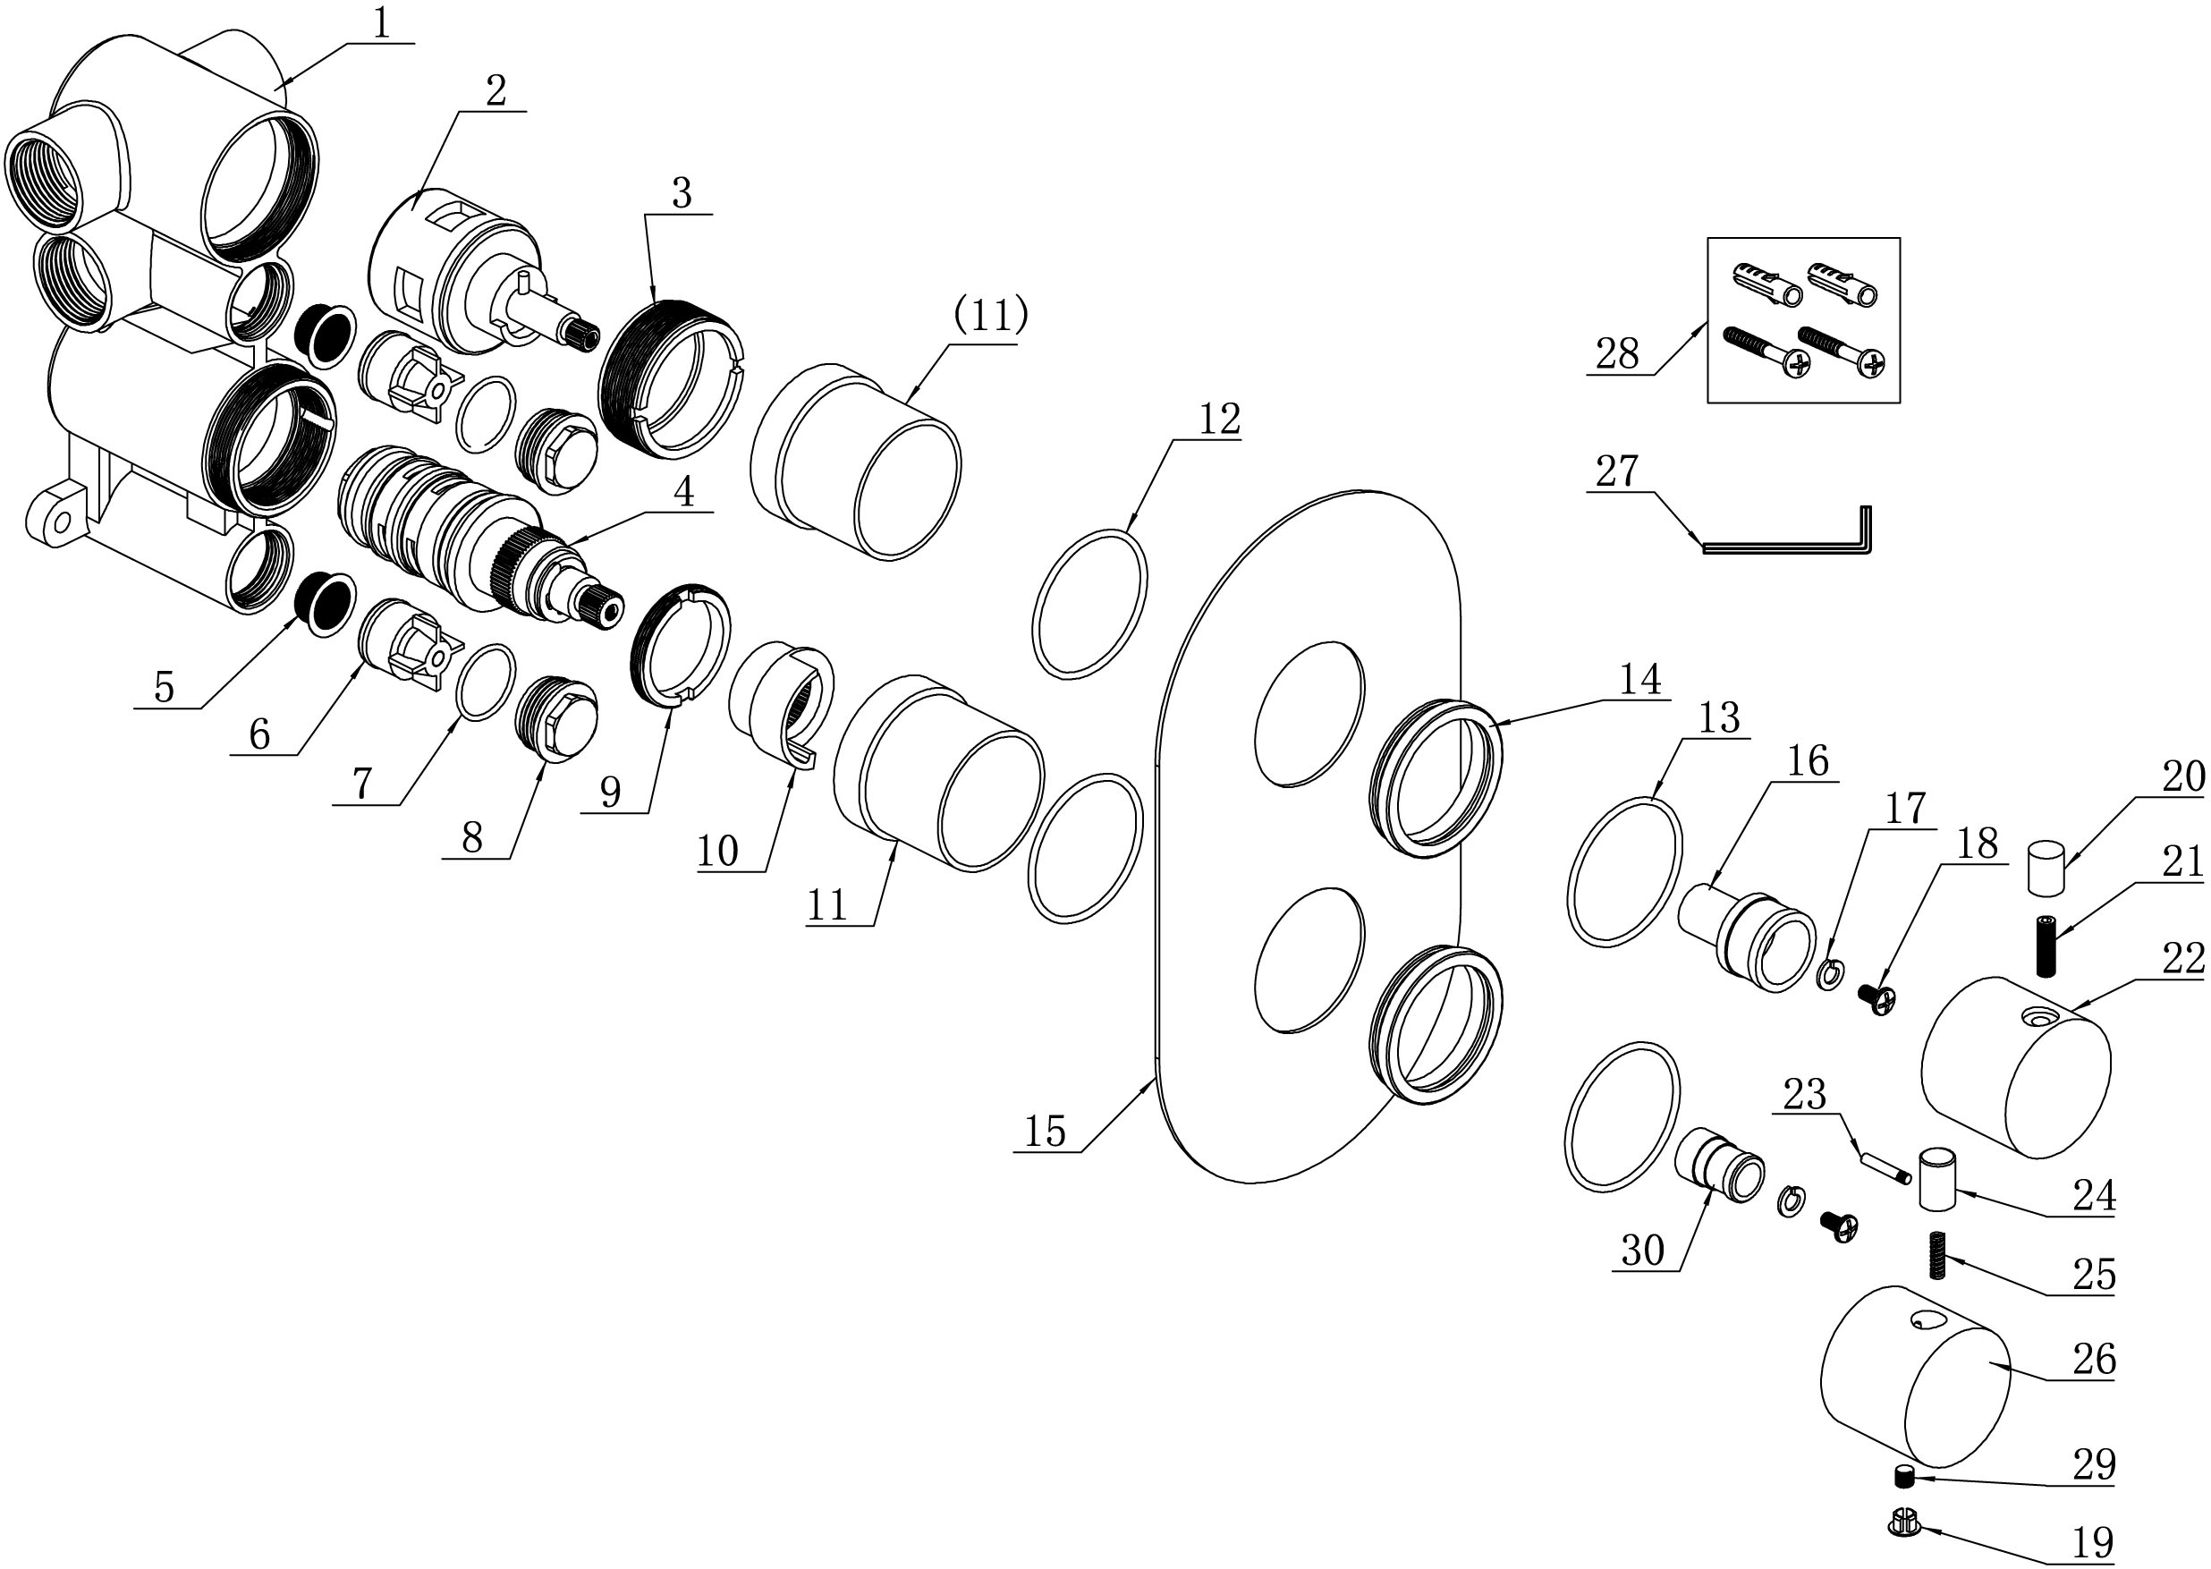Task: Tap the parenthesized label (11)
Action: point(991,316)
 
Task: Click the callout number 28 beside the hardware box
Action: point(1617,353)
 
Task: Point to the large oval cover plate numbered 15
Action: point(1309,836)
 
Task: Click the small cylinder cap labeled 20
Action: point(2045,868)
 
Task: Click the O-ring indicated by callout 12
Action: point(1090,602)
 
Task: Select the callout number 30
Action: point(1642,1251)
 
